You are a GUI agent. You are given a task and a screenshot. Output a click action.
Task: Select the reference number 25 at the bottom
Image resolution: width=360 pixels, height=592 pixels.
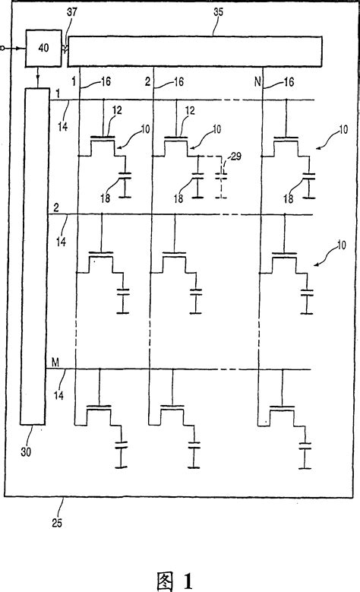(x=58, y=522)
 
